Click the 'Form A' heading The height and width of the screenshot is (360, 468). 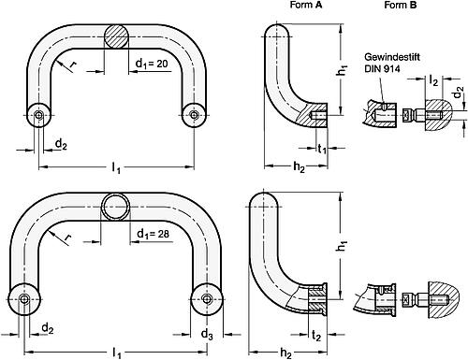(306, 5)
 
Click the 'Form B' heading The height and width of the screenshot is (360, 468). (401, 5)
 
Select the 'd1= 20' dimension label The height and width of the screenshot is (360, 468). (152, 64)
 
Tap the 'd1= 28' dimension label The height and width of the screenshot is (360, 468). (153, 234)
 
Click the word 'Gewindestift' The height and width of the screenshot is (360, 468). (392, 57)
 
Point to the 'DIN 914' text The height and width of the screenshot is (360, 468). (382, 68)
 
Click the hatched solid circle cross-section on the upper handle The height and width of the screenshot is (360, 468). (116, 36)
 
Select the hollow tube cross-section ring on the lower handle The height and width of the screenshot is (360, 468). (115, 207)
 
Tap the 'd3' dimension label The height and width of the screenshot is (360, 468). (207, 335)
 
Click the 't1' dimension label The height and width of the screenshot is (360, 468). (322, 149)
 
